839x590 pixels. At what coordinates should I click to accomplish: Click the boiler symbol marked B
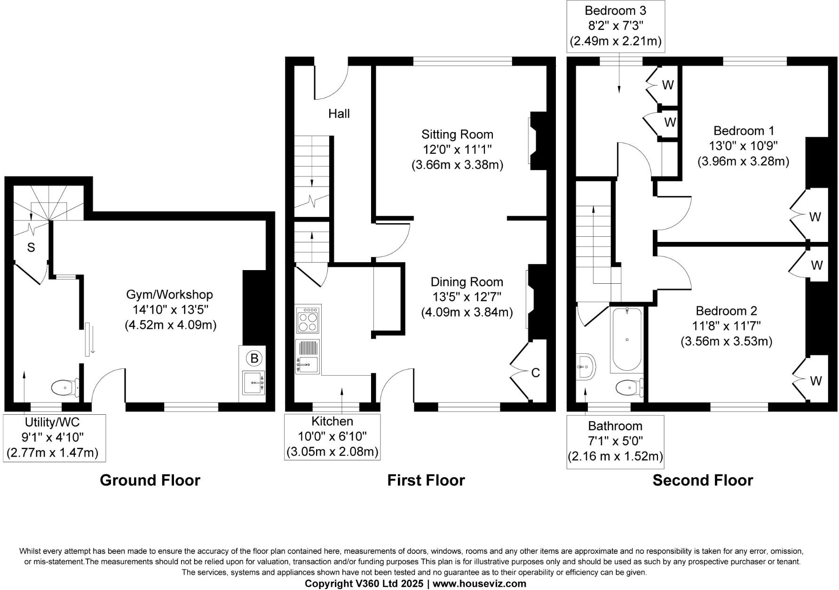coord(254,358)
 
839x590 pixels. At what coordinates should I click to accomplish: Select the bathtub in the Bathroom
coord(627,340)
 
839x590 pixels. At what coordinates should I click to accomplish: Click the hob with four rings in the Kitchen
coord(308,319)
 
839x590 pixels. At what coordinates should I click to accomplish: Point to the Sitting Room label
coord(457,134)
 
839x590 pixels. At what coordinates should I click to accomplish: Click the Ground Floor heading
coord(150,480)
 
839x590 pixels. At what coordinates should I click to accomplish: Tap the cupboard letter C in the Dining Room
coord(535,373)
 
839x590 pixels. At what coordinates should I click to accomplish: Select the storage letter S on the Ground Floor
coord(31,248)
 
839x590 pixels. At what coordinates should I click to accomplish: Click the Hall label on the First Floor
coord(339,114)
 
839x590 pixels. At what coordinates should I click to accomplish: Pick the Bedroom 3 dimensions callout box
coord(615,25)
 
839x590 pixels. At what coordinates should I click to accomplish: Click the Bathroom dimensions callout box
coord(615,442)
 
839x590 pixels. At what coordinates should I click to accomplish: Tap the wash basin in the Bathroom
coord(586,366)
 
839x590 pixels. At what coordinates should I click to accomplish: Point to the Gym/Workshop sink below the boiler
coord(254,382)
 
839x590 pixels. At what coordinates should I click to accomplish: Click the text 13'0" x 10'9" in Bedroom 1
coord(743,146)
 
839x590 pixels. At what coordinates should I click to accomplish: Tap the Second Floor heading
coord(703,480)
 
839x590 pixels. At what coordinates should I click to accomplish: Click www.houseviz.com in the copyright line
coord(479,584)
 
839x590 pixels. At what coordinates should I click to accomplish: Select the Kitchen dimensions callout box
coord(332,437)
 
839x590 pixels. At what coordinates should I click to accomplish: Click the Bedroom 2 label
coord(727,311)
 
